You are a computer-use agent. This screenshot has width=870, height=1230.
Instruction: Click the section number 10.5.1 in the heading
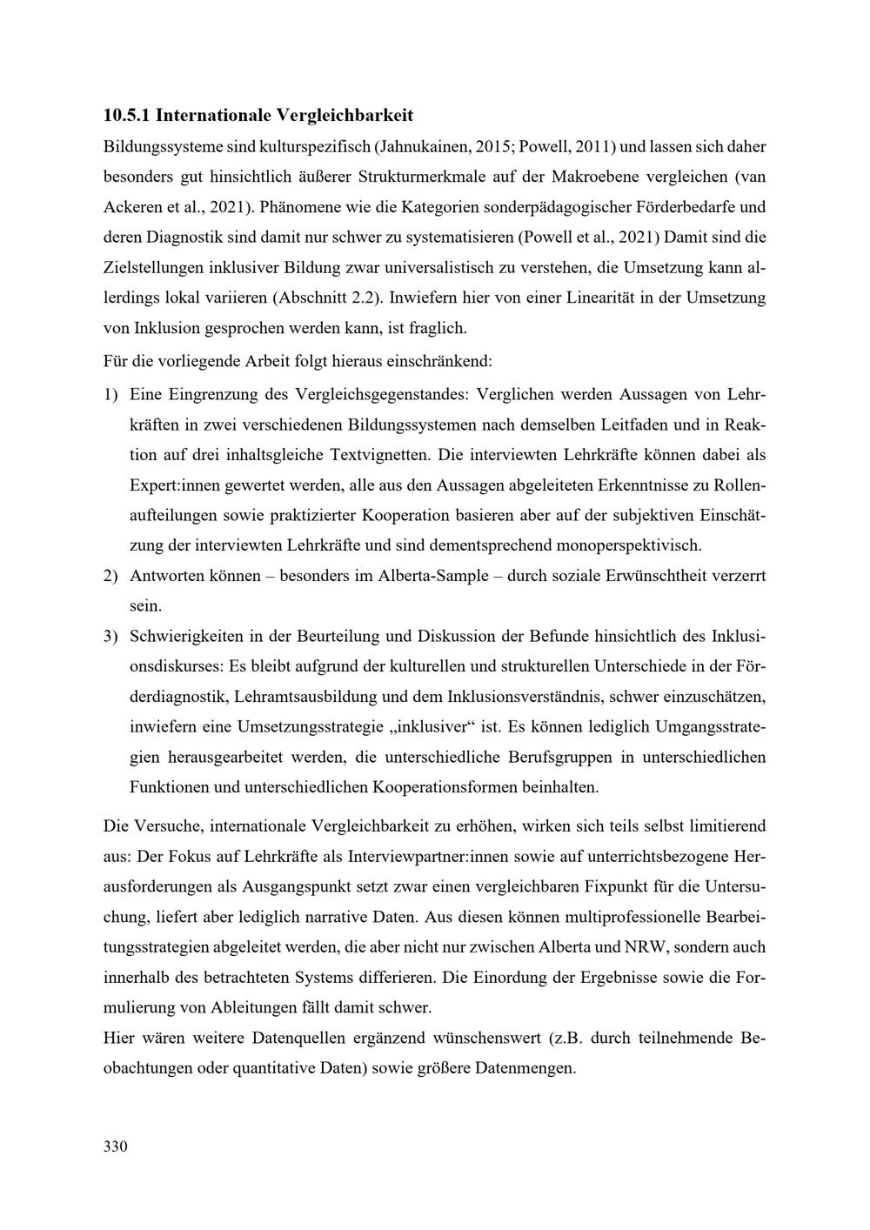click(126, 115)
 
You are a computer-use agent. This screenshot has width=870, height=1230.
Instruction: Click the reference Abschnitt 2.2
click(328, 297)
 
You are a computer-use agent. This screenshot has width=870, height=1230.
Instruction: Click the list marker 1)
click(110, 394)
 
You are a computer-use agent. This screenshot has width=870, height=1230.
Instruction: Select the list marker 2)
click(110, 576)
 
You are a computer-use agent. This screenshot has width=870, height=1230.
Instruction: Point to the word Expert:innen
click(174, 485)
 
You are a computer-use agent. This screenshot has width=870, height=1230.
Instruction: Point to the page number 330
click(115, 1146)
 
